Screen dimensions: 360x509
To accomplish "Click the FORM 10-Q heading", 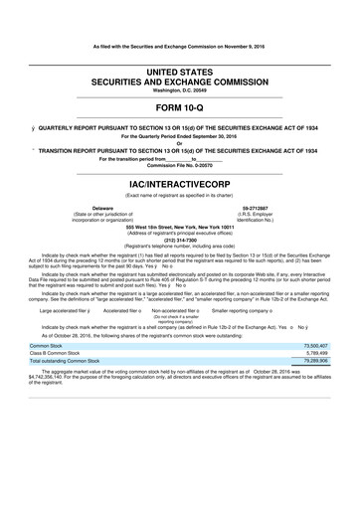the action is click(179, 106).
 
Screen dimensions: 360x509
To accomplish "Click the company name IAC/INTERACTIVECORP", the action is click(179, 184).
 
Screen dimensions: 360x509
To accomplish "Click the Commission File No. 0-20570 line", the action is click(179, 164).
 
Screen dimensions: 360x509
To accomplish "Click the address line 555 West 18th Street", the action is click(179, 226).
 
